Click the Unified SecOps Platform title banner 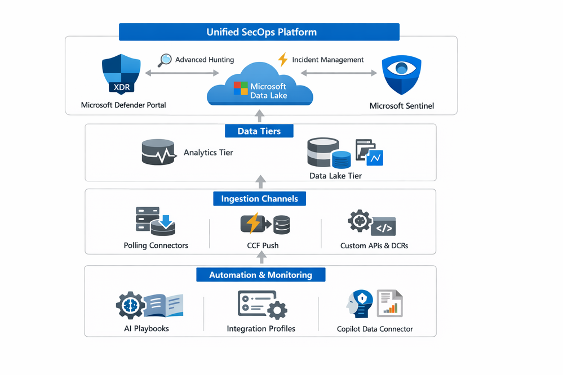259,32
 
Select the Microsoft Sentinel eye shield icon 402,74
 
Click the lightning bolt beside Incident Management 283,60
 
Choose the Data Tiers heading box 260,131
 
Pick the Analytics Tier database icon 158,152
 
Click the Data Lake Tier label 335,176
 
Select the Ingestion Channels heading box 260,199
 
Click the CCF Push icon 264,224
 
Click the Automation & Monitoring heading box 260,275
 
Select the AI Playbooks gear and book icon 149,306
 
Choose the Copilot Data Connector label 375,329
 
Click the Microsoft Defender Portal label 123,105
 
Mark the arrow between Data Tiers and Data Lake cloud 260,115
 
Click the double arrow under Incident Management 338,73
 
